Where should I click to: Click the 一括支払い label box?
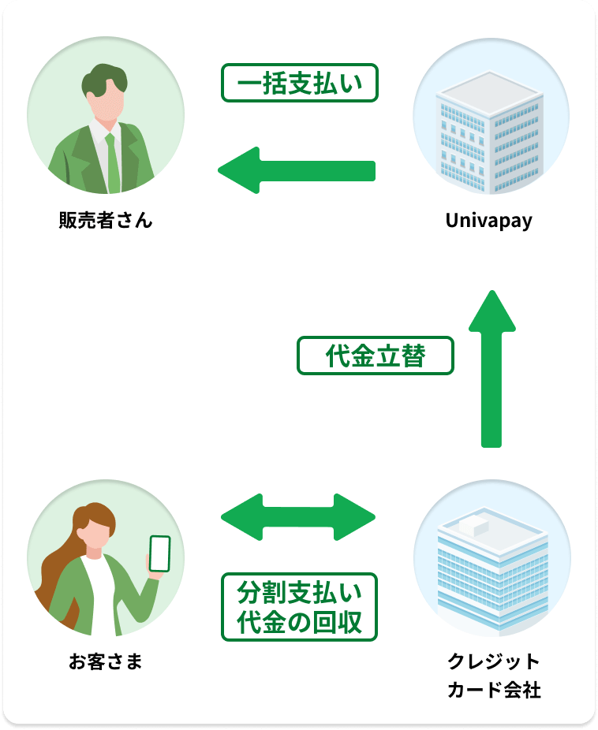(x=300, y=82)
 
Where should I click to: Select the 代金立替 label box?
(x=376, y=356)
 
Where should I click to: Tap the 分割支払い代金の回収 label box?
(x=300, y=606)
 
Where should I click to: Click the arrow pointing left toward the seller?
(x=296, y=170)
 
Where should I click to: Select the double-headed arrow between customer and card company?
(x=298, y=517)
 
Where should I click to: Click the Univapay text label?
(x=488, y=221)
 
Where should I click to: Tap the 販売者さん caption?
(x=105, y=221)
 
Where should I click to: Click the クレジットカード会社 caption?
(x=493, y=676)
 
